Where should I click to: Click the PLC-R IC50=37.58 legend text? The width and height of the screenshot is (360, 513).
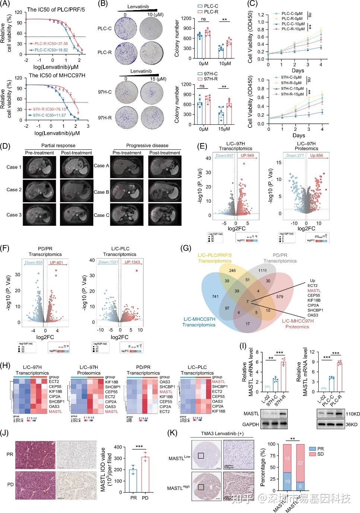click(52, 44)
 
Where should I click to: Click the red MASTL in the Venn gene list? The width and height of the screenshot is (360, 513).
click(314, 291)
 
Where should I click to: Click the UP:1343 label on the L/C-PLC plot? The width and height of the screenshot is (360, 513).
click(132, 262)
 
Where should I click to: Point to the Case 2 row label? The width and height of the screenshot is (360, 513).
click(14, 190)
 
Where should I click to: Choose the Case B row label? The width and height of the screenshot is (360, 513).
click(101, 192)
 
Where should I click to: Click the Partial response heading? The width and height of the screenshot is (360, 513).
click(58, 145)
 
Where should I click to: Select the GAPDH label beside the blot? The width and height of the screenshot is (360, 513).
click(252, 424)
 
